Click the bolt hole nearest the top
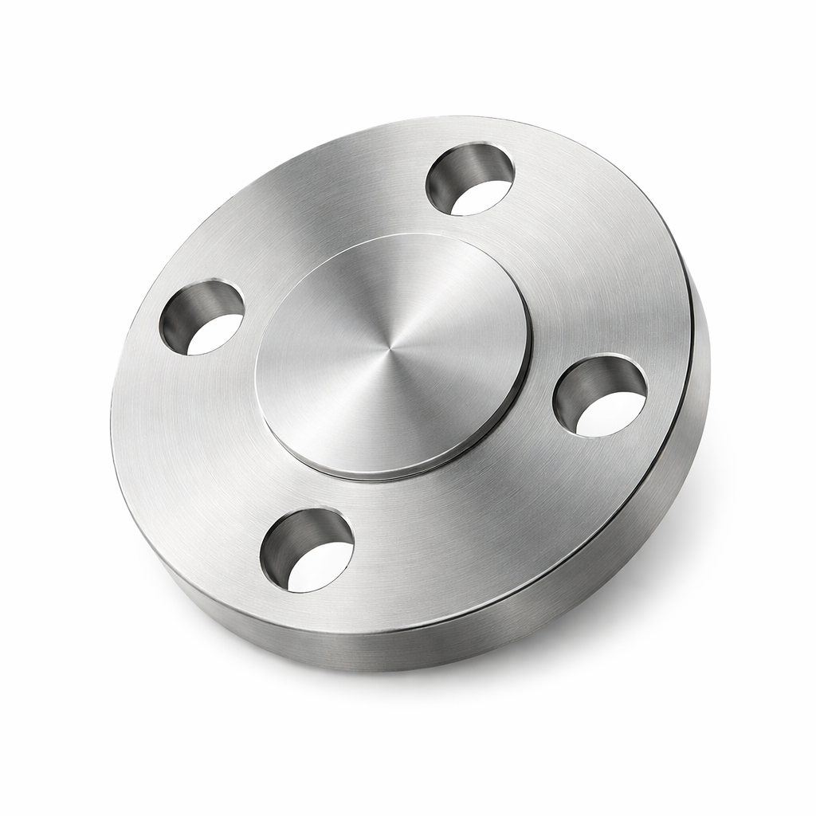point(470,179)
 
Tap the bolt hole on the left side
point(202,317)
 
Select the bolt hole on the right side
point(599,396)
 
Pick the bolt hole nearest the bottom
point(307,550)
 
